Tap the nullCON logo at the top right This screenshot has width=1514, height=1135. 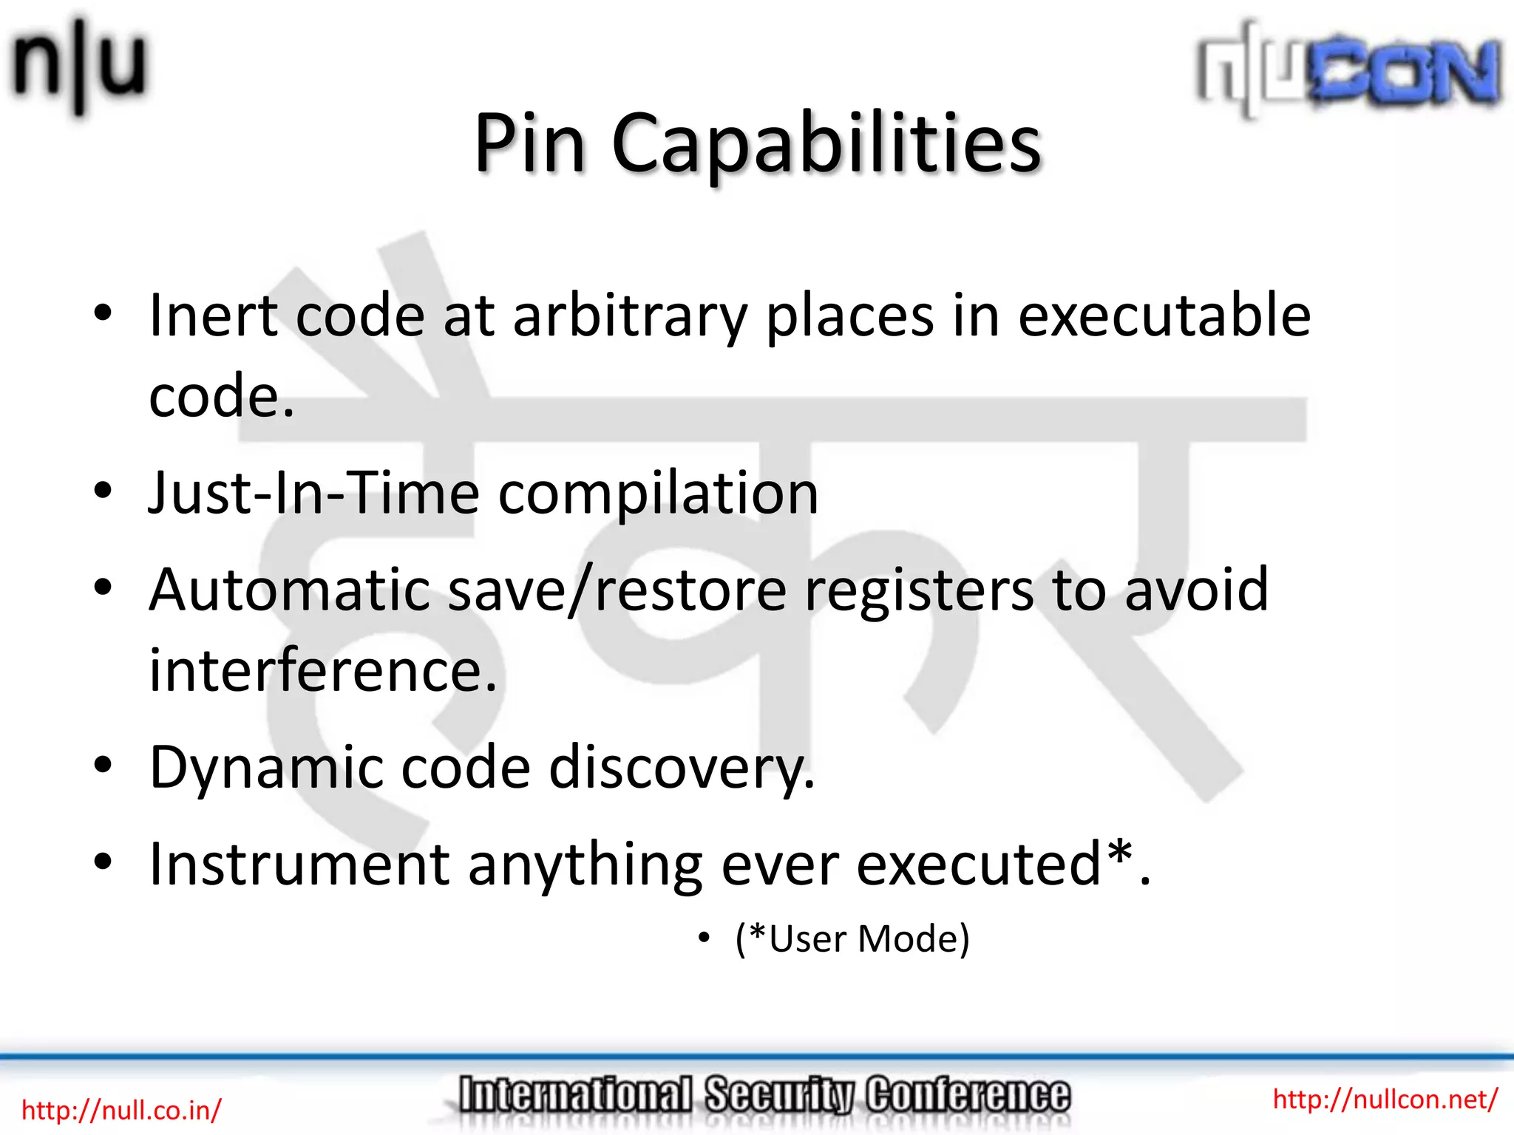click(1349, 70)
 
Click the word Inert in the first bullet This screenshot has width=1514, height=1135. click(213, 316)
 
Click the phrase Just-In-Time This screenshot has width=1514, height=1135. click(314, 493)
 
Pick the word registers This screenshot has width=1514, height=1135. click(919, 591)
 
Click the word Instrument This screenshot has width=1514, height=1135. click(299, 865)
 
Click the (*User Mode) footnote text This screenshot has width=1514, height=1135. click(852, 939)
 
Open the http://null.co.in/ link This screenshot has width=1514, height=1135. click(121, 1110)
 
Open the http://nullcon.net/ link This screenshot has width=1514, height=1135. click(1385, 1100)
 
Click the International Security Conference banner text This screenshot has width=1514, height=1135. click(764, 1095)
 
